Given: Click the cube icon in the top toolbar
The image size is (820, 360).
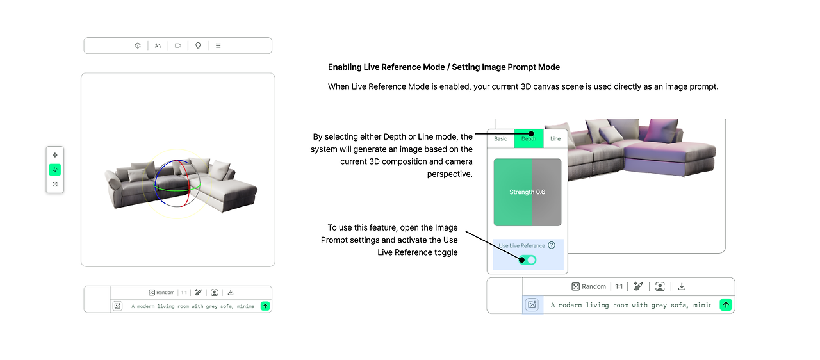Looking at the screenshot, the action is (138, 45).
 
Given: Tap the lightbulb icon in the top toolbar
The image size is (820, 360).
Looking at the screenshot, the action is (198, 45).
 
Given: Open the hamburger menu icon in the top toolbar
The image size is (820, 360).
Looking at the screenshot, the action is (218, 45).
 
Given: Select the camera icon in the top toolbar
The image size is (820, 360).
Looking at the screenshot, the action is (178, 45).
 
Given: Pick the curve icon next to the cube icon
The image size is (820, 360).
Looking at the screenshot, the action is (158, 45).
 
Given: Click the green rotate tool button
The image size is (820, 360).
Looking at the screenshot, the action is (55, 169).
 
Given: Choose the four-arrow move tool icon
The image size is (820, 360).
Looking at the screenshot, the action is (55, 155).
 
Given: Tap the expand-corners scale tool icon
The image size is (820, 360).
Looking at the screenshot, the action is (55, 184).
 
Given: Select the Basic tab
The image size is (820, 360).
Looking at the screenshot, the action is (500, 138).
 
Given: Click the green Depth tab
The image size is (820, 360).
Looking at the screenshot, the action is (529, 138).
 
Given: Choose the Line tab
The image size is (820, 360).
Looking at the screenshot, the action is (555, 138).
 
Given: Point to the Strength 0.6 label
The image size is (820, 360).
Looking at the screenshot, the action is (527, 192).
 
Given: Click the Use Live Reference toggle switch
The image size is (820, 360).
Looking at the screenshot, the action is (527, 260).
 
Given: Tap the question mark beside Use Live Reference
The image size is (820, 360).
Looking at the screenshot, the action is (552, 245).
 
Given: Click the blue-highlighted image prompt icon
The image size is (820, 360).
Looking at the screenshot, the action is (532, 305).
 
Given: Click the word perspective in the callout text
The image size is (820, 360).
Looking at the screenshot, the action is (450, 174).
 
